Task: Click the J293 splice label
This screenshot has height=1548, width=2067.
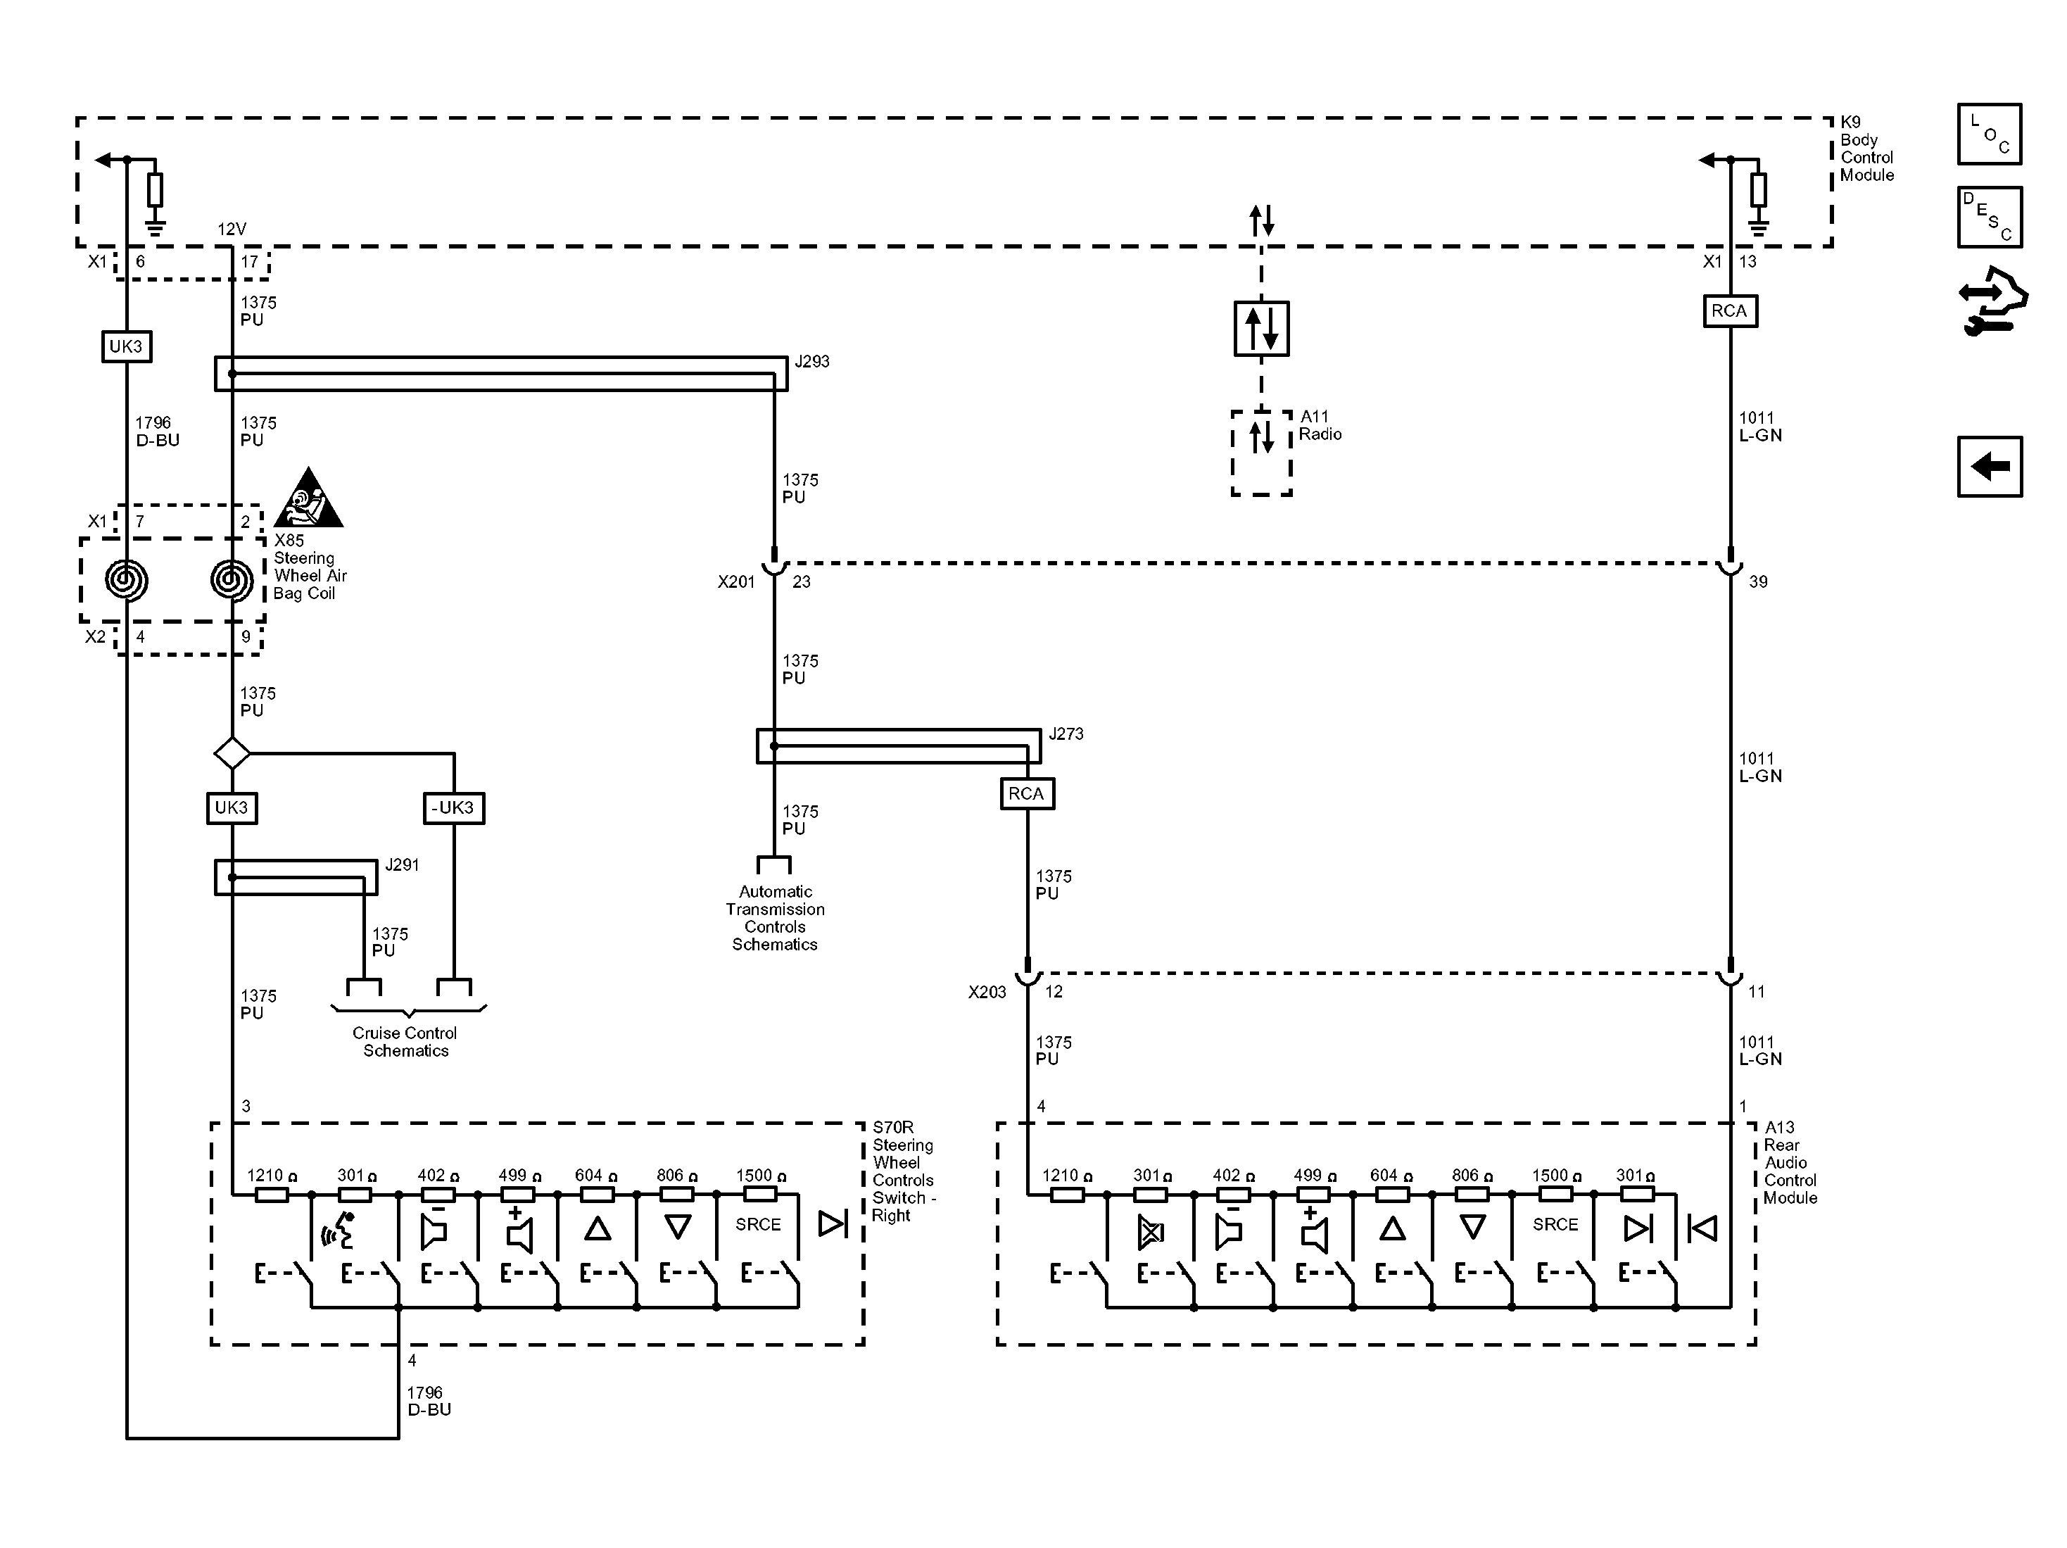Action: tap(811, 362)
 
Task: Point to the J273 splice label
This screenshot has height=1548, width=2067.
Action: tap(1066, 734)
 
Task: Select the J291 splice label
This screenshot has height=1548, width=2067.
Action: tap(402, 864)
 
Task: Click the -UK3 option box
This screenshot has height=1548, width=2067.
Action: tap(453, 807)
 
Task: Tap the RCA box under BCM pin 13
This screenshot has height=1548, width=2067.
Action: tap(1728, 311)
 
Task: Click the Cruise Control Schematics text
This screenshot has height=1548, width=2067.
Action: tap(405, 1041)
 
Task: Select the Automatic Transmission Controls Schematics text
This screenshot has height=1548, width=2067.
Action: tap(775, 918)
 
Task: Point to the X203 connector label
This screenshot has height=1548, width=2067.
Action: tap(987, 992)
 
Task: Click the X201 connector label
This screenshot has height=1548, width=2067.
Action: tap(735, 581)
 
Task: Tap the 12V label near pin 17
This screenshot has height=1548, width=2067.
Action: tap(232, 229)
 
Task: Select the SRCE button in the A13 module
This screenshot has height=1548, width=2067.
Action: tap(1554, 1225)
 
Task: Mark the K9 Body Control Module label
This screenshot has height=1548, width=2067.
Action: tap(1866, 149)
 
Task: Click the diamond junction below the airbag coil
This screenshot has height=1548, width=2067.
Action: tap(232, 753)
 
